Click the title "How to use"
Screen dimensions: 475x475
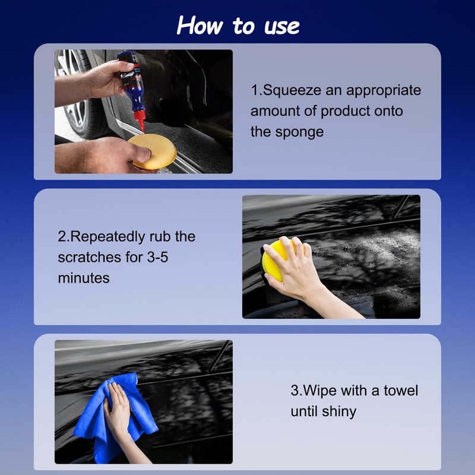(238, 26)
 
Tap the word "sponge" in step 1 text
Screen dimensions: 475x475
(299, 131)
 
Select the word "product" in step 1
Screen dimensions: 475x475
(346, 111)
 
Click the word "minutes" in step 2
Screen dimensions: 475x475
(84, 277)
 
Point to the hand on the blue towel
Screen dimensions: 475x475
(117, 410)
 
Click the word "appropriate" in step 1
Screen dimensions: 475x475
(384, 90)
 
